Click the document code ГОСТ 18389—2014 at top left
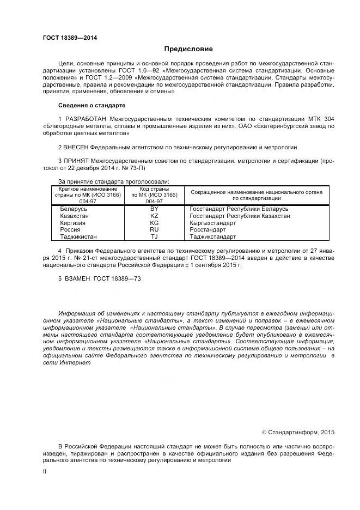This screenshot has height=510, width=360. tap(66, 38)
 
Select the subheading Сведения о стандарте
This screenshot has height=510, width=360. tap(91, 105)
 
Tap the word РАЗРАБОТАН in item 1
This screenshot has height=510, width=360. tap(85, 118)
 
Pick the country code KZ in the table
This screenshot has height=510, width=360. tap(154, 216)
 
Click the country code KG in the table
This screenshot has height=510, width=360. tap(154, 223)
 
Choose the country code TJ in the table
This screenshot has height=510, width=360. tap(154, 237)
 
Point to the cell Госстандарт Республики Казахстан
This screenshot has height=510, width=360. tap(240, 216)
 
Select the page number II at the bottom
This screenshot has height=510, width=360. tap(45, 473)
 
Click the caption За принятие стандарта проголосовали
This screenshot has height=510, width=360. tap(113, 181)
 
